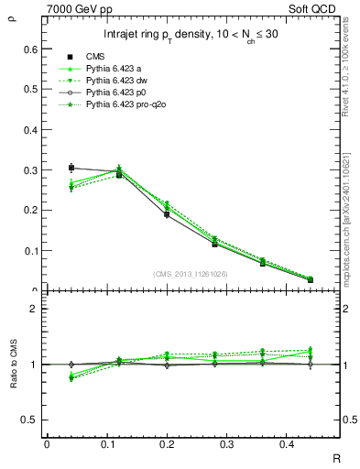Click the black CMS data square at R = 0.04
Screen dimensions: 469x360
tap(71, 168)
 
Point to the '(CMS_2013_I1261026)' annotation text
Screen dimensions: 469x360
tap(190, 273)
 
